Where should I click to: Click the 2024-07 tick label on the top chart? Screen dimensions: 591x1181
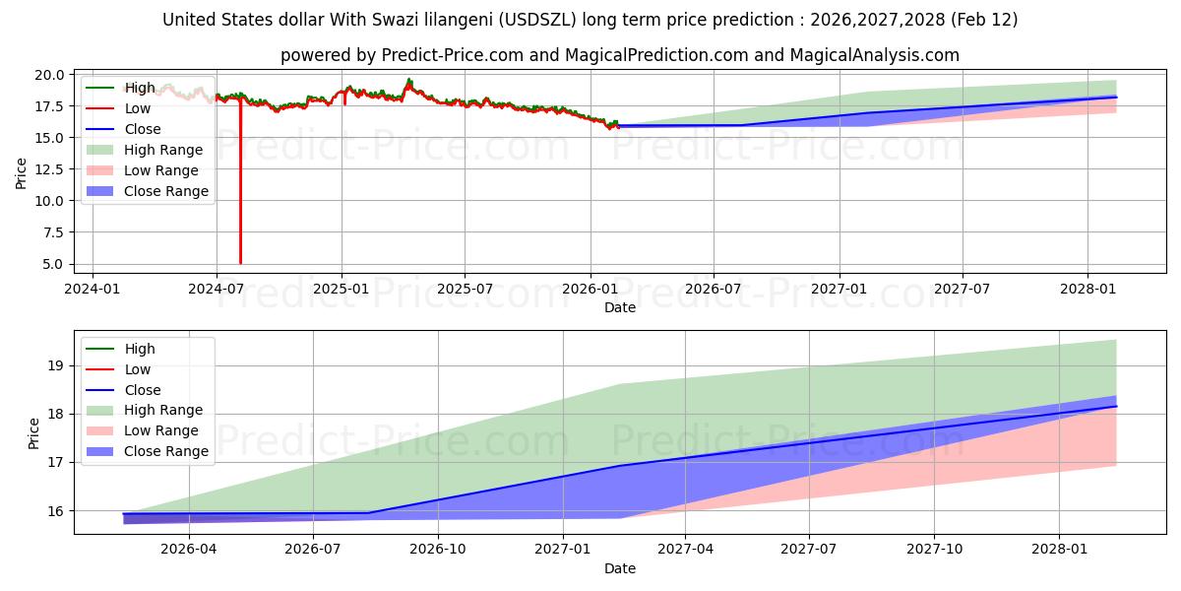tap(217, 290)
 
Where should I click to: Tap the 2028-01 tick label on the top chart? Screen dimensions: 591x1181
tap(1088, 290)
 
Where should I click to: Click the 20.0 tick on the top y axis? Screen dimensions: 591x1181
tap(51, 75)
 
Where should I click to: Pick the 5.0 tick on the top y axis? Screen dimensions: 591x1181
tap(55, 264)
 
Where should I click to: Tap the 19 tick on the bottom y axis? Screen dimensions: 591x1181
tap(56, 365)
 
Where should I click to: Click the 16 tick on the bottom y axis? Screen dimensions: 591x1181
tap(56, 511)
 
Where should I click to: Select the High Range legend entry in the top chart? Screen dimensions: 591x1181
tap(163, 150)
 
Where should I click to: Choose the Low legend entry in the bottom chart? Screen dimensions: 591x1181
tap(138, 369)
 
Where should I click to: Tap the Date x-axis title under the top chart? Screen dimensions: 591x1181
tap(620, 307)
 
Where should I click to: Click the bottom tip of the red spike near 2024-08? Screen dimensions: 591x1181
tap(240, 263)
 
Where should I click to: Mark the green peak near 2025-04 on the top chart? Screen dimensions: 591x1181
tap(409, 79)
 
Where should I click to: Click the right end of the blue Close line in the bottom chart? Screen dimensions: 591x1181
tap(1116, 406)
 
